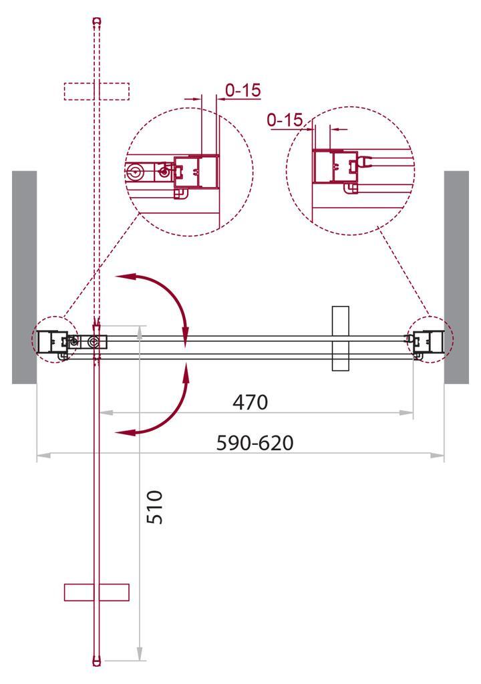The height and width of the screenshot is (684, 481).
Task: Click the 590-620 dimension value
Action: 255,443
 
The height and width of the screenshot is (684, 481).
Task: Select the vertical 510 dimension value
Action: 154,507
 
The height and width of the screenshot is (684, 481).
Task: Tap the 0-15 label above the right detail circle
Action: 284,120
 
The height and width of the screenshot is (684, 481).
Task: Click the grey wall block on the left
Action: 24,277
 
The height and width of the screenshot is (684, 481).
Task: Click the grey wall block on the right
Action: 456,277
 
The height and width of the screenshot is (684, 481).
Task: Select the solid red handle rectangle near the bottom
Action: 96,592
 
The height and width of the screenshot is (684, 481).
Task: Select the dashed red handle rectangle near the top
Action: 96,91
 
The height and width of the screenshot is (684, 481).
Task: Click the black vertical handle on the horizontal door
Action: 340,338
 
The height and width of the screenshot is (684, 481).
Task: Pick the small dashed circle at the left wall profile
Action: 55,339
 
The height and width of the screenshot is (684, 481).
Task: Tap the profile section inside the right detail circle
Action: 334,167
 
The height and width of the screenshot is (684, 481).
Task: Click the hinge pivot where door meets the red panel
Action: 94,342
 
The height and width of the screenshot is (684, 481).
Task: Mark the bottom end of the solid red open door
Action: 98,663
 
